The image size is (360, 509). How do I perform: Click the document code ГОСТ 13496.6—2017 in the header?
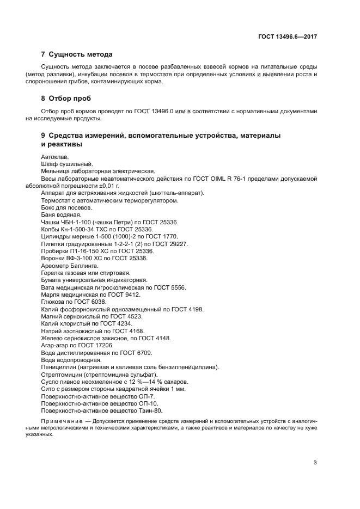tap(288, 36)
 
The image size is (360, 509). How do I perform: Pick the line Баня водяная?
tap(61, 215)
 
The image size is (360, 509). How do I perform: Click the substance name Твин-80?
tap(150, 411)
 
